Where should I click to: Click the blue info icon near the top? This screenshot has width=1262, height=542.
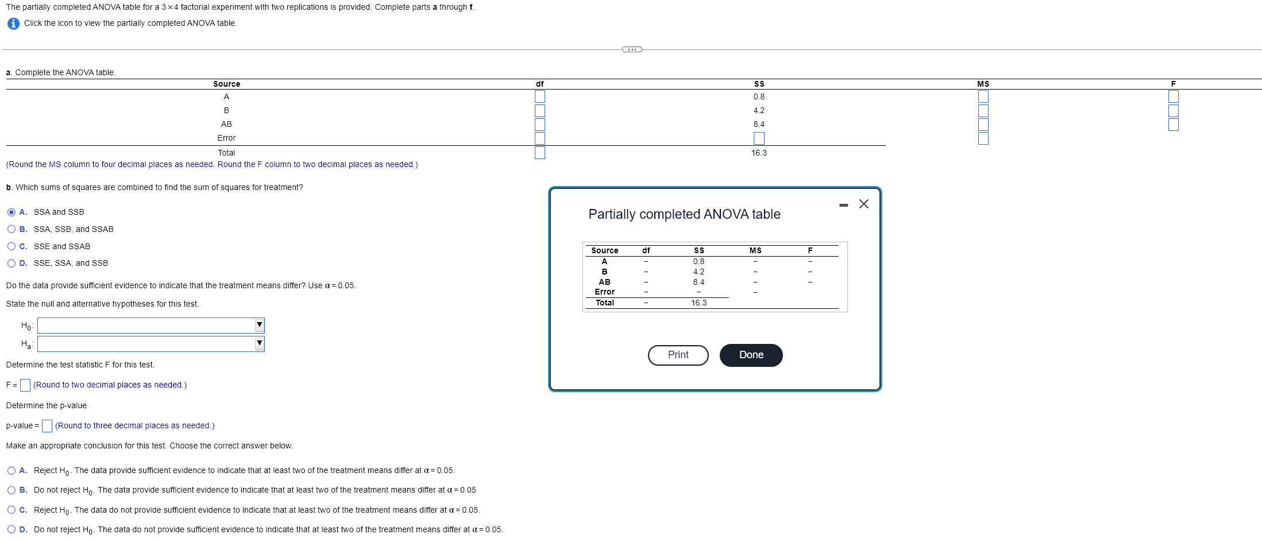click(x=13, y=24)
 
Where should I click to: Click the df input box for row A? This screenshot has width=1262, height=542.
click(x=539, y=96)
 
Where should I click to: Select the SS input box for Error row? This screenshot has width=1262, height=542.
click(x=759, y=138)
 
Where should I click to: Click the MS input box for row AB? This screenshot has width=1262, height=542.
click(x=983, y=125)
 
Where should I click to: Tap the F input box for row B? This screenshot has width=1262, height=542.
click(x=1173, y=111)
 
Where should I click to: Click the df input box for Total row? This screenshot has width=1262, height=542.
click(x=539, y=153)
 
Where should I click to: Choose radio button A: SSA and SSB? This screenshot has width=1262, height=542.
click(x=11, y=212)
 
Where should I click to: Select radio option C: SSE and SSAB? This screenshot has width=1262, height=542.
click(x=11, y=246)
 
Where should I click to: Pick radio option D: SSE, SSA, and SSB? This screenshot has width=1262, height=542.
click(x=11, y=264)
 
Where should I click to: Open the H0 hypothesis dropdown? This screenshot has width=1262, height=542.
click(x=150, y=326)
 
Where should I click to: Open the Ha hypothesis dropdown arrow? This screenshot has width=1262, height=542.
click(x=260, y=343)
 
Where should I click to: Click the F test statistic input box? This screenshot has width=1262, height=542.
click(x=25, y=385)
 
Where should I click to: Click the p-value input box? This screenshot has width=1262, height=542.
click(x=47, y=426)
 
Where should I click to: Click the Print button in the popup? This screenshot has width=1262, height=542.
click(x=678, y=355)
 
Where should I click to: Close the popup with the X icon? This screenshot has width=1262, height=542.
click(x=863, y=204)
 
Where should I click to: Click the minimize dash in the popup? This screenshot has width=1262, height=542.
click(x=843, y=206)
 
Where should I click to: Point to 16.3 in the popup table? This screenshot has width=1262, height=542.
click(x=698, y=303)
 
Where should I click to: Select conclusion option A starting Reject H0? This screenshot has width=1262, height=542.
click(x=11, y=471)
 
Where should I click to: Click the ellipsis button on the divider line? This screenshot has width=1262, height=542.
click(x=632, y=49)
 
